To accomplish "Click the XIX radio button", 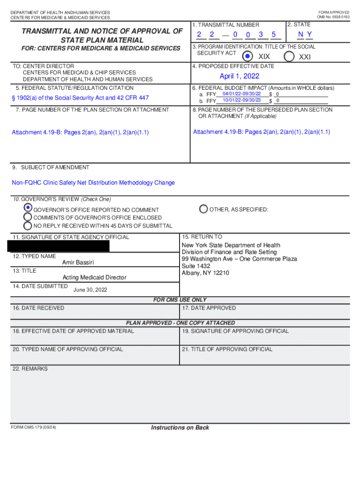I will [247, 57].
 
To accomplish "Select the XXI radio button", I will [289, 57].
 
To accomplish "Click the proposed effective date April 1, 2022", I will [239, 76].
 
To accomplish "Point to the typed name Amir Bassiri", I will [78, 262].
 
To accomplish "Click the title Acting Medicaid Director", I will [94, 277].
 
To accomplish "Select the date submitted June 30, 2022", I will [90, 290].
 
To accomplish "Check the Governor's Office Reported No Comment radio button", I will [28, 207].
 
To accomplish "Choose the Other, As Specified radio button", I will [203, 209].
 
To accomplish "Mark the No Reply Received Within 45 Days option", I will [28, 225].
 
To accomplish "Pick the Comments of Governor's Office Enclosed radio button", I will [28, 217].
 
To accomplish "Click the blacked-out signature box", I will [58, 246].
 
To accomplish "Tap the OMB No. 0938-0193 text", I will [333, 17].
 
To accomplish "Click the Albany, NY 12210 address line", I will [205, 273].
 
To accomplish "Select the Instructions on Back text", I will [180, 428].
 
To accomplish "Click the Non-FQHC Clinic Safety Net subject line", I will [93, 183].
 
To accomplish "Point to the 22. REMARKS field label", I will [30, 369].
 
